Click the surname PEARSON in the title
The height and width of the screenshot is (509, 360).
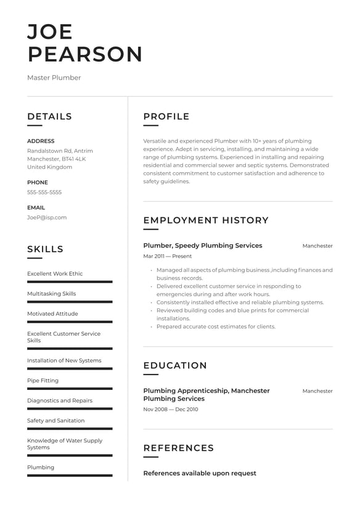click(x=85, y=54)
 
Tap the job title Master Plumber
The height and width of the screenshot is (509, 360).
click(x=54, y=78)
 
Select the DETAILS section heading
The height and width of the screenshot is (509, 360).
click(x=49, y=117)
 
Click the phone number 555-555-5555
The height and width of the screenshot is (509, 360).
click(x=44, y=192)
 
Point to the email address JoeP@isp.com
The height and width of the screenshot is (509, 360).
click(x=47, y=217)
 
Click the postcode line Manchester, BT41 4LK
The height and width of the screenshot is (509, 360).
click(x=57, y=159)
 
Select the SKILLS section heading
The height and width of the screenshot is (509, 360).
click(x=45, y=249)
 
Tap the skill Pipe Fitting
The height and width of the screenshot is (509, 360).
click(x=43, y=381)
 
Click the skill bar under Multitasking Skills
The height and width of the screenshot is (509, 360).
click(x=70, y=302)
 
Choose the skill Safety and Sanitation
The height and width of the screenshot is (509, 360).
click(x=56, y=421)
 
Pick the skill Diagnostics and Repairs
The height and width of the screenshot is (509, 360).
click(x=60, y=400)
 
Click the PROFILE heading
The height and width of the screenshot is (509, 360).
click(x=166, y=117)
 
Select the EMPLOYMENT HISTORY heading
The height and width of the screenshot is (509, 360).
click(x=206, y=220)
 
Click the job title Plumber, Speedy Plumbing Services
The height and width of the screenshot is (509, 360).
click(x=203, y=246)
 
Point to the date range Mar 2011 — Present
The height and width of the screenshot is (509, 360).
click(x=168, y=256)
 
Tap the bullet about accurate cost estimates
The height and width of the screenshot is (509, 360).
click(x=216, y=326)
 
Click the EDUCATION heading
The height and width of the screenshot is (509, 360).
click(x=175, y=365)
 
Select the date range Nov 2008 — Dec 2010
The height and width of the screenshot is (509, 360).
click(x=171, y=410)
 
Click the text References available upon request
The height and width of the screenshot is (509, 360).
click(x=200, y=473)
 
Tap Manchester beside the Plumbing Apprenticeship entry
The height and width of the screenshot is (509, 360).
click(x=317, y=391)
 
